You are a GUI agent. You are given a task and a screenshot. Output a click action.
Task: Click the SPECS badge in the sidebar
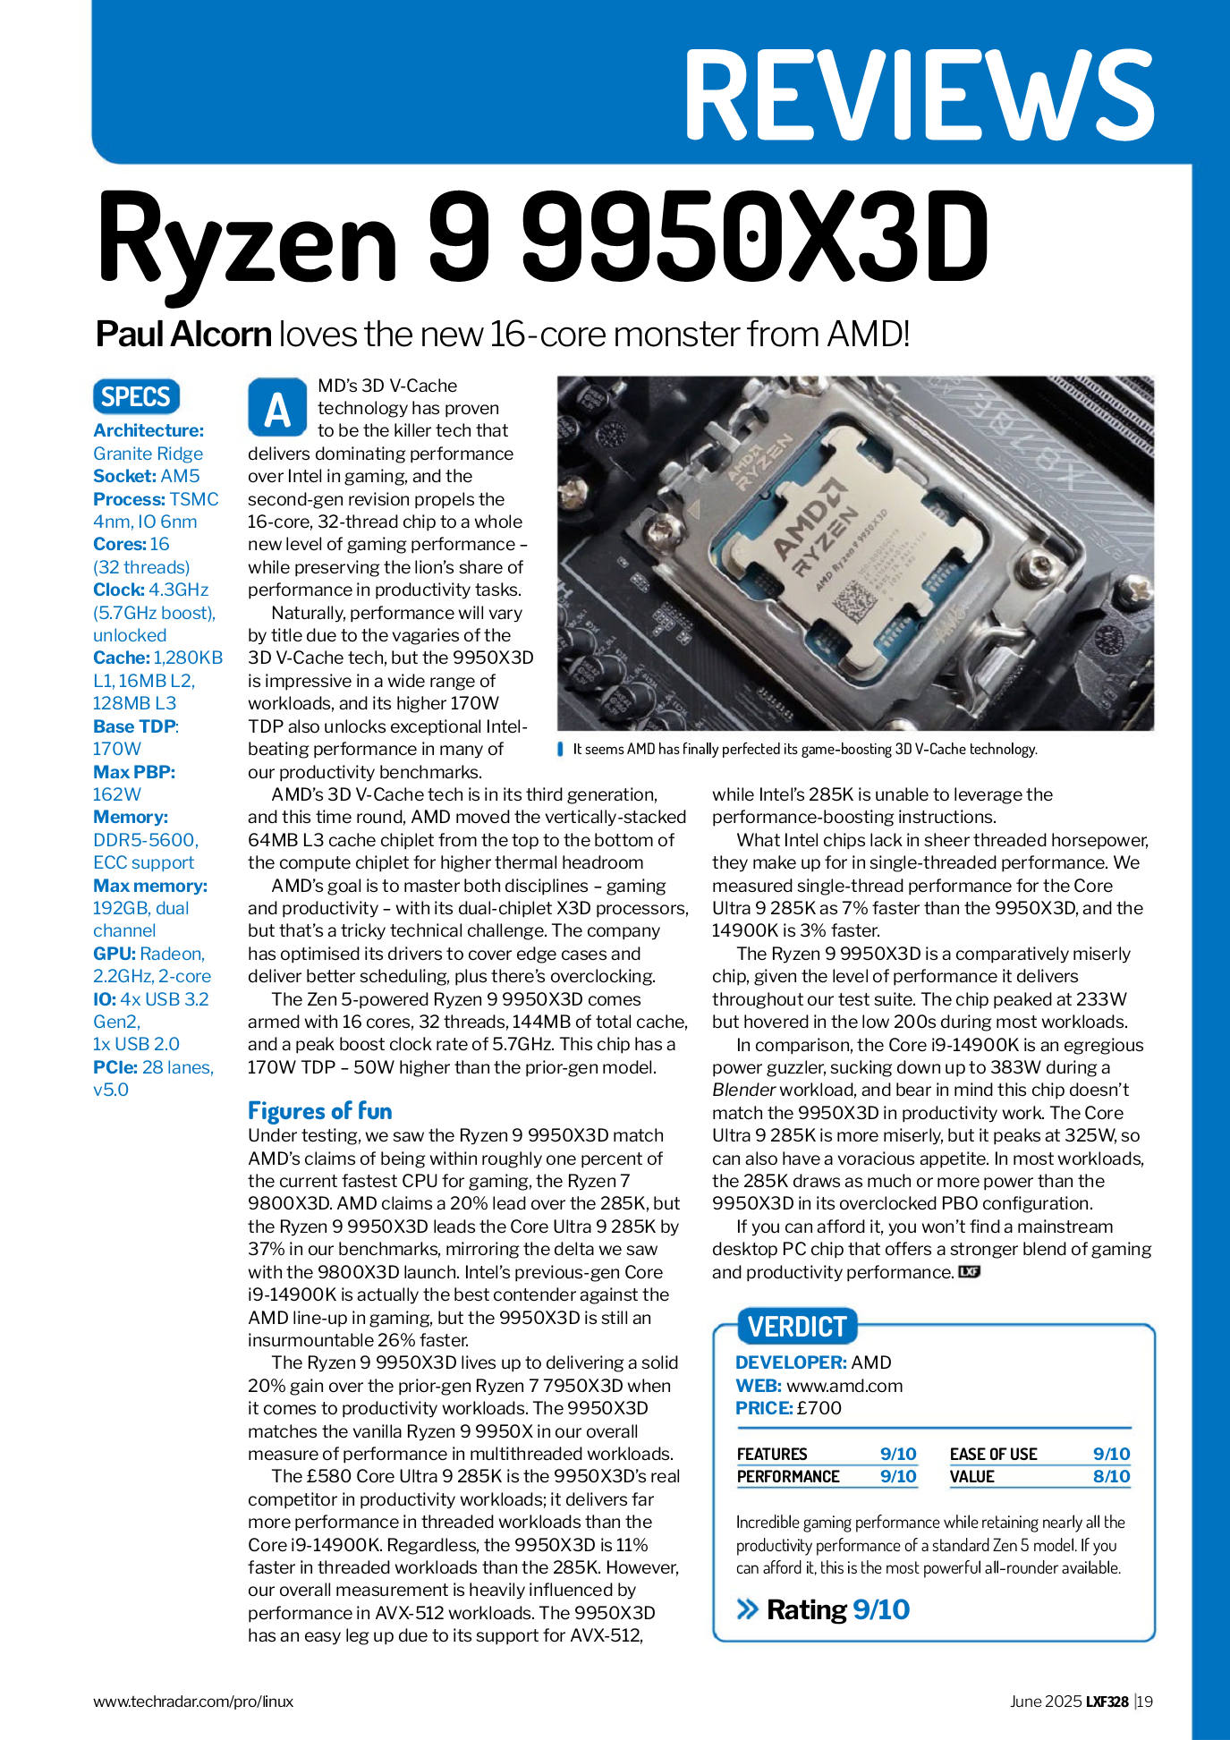pyautogui.click(x=136, y=397)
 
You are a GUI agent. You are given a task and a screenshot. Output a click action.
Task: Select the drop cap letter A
pyautogui.click(x=277, y=409)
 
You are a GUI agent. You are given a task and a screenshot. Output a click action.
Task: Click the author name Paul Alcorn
pyautogui.click(x=183, y=335)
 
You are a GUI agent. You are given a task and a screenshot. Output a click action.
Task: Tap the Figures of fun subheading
pyautogui.click(x=319, y=1111)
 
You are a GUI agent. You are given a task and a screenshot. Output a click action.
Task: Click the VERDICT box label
pyautogui.click(x=796, y=1326)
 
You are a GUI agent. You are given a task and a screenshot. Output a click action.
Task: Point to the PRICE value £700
pyautogui.click(x=819, y=1408)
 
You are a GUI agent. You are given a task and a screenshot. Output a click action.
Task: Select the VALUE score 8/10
pyautogui.click(x=1111, y=1476)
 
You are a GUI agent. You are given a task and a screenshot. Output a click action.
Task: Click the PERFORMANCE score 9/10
pyautogui.click(x=898, y=1476)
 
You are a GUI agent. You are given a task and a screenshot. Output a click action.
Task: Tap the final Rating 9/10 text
pyautogui.click(x=837, y=1610)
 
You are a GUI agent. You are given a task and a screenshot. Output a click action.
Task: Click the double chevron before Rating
pyautogui.click(x=747, y=1610)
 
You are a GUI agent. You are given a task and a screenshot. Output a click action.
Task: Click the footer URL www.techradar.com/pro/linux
pyautogui.click(x=193, y=1702)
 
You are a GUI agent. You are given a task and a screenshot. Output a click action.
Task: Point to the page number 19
pyautogui.click(x=1145, y=1702)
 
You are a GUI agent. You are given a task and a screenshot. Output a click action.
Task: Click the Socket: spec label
pyautogui.click(x=124, y=476)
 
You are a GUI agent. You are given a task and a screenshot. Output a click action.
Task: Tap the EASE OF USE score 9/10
pyautogui.click(x=1111, y=1454)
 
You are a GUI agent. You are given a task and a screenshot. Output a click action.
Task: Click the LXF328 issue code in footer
pyautogui.click(x=1107, y=1702)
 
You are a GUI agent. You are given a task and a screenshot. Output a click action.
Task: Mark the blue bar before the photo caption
pyautogui.click(x=560, y=749)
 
